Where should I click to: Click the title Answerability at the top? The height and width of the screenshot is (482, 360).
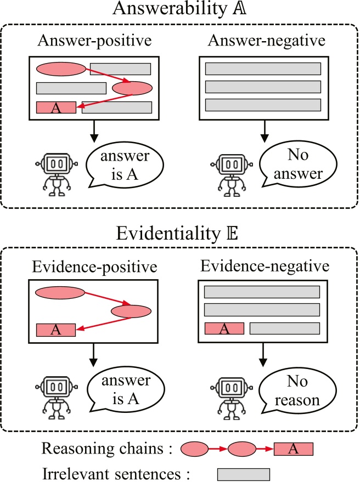(179, 11)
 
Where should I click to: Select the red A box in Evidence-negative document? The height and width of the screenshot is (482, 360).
(224, 328)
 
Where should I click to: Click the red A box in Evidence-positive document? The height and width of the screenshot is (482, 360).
(56, 330)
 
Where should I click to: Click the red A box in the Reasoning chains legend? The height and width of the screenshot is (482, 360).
(293, 450)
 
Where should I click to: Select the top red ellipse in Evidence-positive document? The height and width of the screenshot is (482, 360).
(60, 293)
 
